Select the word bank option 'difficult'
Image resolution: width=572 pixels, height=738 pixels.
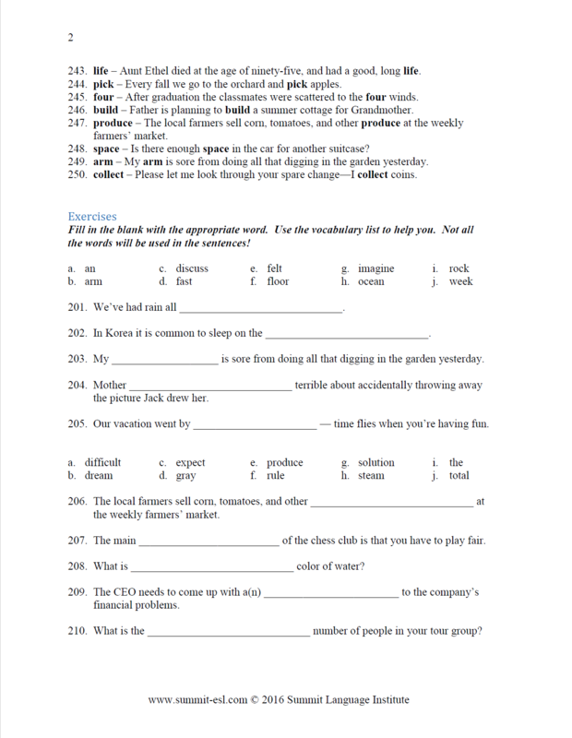coord(102,462)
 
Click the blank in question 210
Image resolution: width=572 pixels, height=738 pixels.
coord(228,632)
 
